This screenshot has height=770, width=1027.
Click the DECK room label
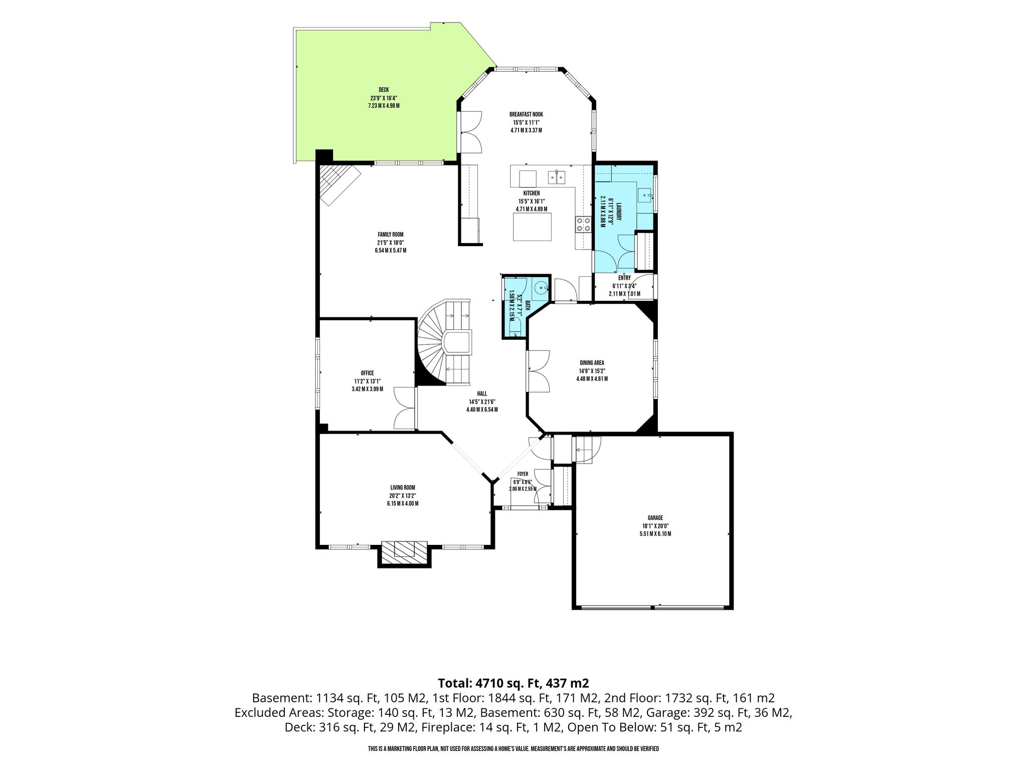point(384,90)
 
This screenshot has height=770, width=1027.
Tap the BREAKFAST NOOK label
point(526,114)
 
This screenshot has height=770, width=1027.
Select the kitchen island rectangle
point(532,227)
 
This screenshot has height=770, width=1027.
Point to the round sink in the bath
point(540,288)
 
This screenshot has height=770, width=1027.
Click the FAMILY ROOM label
point(390,234)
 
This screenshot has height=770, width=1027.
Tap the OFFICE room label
point(367,373)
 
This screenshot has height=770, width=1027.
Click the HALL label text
point(482,394)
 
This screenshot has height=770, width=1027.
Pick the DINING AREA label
point(592,363)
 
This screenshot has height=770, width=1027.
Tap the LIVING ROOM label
point(403,487)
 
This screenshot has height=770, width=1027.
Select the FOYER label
point(523,474)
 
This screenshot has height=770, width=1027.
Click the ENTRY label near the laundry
point(624,278)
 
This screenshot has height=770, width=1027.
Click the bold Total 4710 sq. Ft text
point(513,683)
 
